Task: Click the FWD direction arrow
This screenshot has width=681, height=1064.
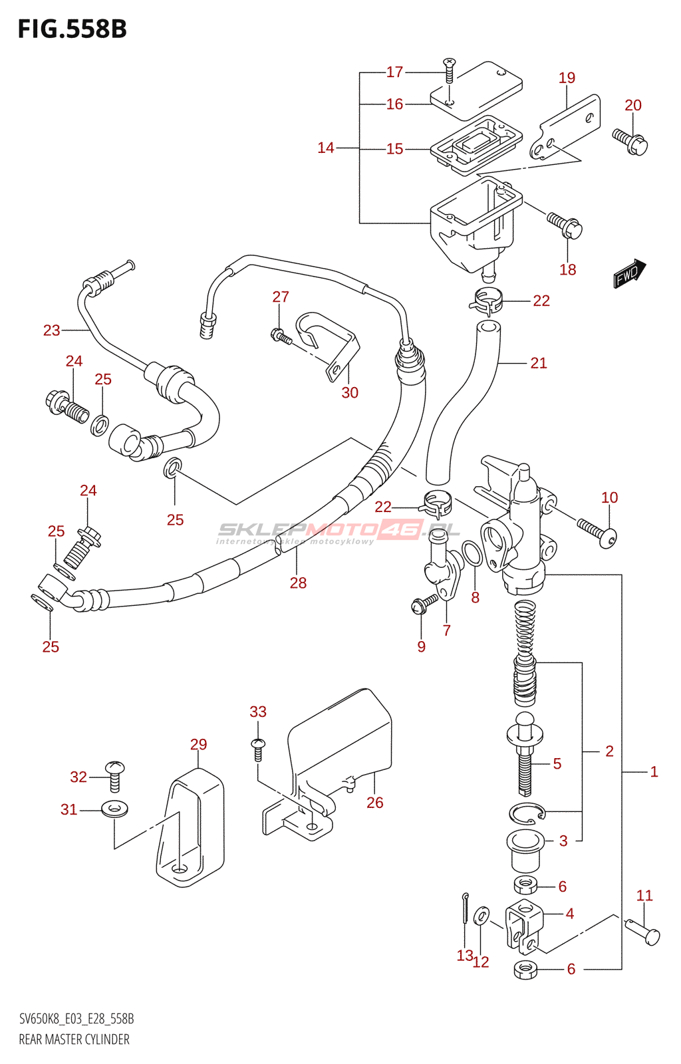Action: click(x=628, y=273)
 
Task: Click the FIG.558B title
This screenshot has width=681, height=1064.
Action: click(x=72, y=29)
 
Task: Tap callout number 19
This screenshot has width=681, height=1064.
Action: click(x=567, y=78)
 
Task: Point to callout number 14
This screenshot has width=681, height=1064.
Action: click(x=326, y=148)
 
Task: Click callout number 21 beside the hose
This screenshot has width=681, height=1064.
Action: click(x=539, y=363)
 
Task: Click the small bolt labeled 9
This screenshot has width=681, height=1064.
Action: click(x=423, y=604)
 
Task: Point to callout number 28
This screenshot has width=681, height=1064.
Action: click(x=298, y=583)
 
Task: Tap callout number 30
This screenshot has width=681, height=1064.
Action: click(x=350, y=393)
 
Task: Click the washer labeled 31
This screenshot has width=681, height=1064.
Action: click(x=114, y=809)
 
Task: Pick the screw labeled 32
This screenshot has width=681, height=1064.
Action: click(x=115, y=775)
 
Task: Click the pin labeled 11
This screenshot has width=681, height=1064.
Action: click(x=643, y=929)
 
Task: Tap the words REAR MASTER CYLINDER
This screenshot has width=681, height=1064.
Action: click(x=74, y=1039)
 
